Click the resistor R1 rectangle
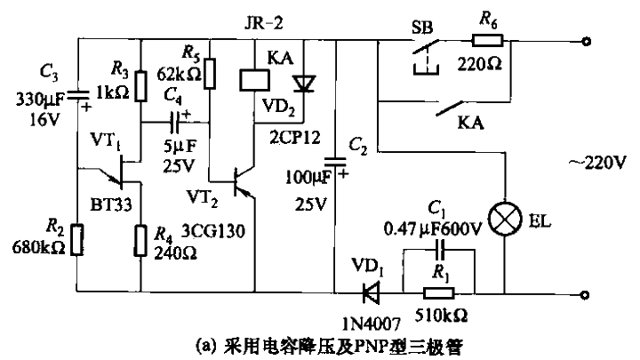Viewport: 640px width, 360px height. (437, 292)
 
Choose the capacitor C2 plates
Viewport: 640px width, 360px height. (335, 163)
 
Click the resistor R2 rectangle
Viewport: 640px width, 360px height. (77, 239)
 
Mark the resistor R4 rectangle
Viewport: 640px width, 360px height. (140, 239)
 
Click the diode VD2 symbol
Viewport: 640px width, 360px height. (305, 83)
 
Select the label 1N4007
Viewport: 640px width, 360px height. (367, 320)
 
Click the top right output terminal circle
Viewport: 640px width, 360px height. (585, 41)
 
